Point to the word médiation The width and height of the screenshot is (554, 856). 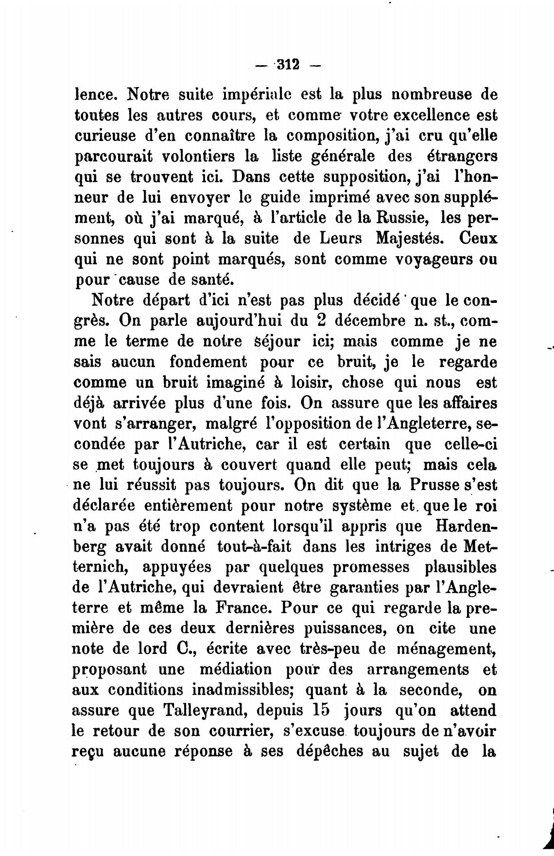coord(237,669)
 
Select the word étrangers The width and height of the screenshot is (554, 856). coord(461,157)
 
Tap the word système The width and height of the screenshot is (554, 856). coord(361,506)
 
